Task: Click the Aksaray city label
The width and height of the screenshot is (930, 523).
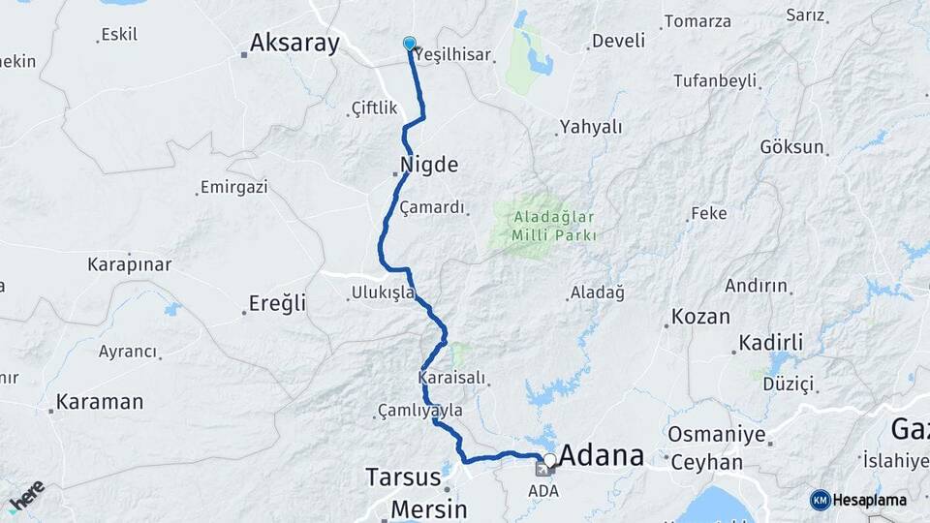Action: (x=294, y=43)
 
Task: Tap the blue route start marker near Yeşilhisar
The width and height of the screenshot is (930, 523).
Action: (x=409, y=44)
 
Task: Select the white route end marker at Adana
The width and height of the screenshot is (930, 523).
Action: (x=549, y=460)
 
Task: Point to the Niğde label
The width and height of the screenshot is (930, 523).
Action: (x=428, y=164)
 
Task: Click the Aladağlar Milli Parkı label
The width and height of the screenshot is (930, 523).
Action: (x=544, y=226)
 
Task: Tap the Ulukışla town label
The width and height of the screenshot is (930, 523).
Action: (x=384, y=292)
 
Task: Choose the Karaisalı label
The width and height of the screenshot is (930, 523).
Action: (x=450, y=377)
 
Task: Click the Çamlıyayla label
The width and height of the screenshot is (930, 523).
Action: (x=420, y=412)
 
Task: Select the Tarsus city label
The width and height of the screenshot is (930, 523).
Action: (x=403, y=477)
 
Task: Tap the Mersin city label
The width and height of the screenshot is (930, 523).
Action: (x=428, y=508)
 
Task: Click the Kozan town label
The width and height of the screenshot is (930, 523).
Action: (x=699, y=319)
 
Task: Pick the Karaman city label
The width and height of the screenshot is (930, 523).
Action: (x=100, y=401)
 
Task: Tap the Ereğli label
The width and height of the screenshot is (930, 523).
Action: (x=277, y=303)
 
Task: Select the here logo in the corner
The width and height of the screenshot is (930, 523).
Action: (x=26, y=496)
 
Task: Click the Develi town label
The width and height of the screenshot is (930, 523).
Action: (x=617, y=41)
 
